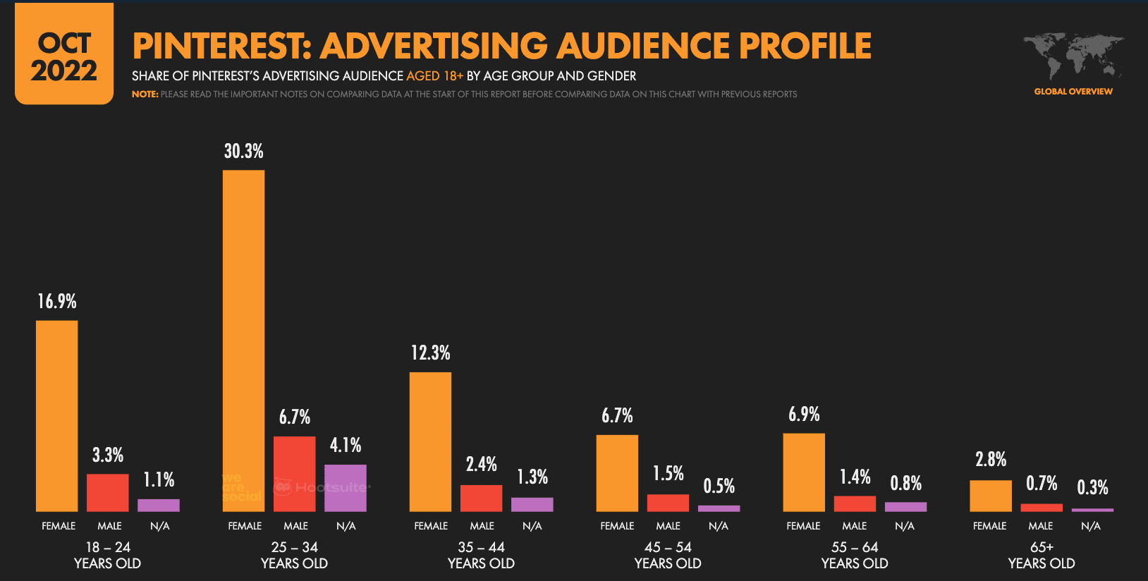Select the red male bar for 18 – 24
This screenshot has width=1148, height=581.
[107, 492]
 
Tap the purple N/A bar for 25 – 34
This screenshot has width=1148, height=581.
[345, 488]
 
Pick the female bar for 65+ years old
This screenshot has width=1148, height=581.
[990, 496]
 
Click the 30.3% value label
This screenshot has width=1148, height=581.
[243, 151]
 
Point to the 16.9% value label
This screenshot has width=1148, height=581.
[56, 302]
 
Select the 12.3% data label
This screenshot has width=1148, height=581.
[430, 353]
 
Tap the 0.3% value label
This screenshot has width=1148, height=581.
[1092, 487]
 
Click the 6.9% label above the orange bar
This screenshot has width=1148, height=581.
[803, 415]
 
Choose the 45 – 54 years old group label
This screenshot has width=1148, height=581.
[667, 555]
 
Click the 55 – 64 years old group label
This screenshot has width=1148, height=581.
[854, 555]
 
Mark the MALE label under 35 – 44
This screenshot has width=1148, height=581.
[482, 526]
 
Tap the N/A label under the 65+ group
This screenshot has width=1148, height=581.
[1090, 526]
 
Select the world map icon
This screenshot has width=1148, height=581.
[1073, 56]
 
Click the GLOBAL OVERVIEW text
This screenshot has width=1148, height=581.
[1073, 92]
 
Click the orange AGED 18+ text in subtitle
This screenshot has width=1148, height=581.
[434, 76]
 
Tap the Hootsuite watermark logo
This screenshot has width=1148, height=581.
[322, 487]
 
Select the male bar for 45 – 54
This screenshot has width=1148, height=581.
[667, 503]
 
